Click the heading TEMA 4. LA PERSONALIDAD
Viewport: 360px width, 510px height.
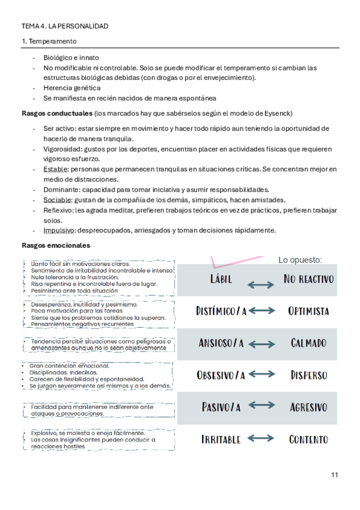point(65,26)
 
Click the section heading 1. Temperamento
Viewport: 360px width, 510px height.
point(49,41)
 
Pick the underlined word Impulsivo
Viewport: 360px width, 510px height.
point(58,230)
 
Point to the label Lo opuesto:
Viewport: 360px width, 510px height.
point(300,260)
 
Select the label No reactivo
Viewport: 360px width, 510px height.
point(308,280)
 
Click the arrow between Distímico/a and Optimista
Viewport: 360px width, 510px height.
point(262,311)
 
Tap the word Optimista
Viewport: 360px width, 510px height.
point(308,311)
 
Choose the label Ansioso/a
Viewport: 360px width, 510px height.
point(221,343)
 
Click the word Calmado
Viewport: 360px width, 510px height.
point(308,343)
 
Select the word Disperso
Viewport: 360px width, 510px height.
point(308,375)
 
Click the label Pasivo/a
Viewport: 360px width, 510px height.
point(221,407)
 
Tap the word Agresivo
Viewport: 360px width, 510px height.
point(308,407)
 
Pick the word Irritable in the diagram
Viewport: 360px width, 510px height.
point(221,439)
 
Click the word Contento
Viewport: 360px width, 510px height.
point(308,439)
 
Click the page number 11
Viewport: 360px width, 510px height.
point(334,475)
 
